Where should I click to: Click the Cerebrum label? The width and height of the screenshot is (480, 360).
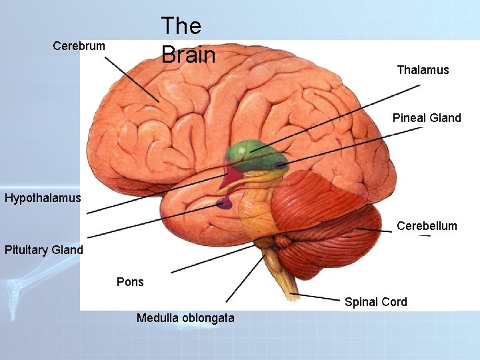[x=79, y=46]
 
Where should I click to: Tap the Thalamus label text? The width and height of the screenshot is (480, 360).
[x=423, y=70]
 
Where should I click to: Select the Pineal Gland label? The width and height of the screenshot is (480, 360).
[x=427, y=118]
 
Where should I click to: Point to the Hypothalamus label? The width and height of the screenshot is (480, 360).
[x=43, y=198]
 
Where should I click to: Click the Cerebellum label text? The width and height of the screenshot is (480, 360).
[x=427, y=226]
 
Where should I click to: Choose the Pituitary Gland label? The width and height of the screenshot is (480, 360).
[x=44, y=251]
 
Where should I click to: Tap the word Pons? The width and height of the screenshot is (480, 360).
[x=130, y=281]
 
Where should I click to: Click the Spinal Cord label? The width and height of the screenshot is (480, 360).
[x=375, y=302]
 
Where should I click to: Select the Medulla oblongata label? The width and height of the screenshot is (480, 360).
[x=185, y=318]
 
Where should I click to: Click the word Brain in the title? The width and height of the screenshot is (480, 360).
[x=188, y=55]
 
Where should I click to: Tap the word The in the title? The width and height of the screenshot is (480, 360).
[x=181, y=26]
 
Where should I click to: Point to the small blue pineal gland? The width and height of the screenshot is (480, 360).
[x=281, y=165]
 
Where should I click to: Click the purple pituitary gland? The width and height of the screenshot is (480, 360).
[x=224, y=203]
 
